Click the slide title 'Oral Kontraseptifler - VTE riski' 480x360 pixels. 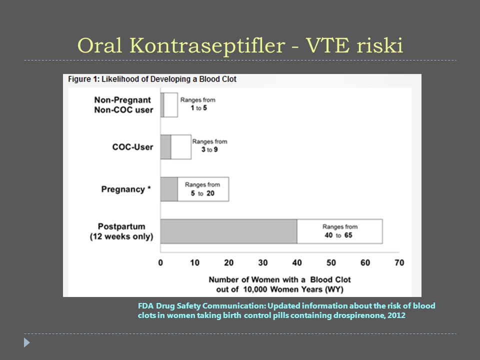[240, 45]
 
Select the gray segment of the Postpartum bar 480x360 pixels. [228, 231]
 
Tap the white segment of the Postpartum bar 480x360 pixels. [340, 231]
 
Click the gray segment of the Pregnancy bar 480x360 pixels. [169, 189]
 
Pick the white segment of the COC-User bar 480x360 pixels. [181, 147]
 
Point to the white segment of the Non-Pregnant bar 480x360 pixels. [171, 105]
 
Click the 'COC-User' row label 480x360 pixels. [132, 147]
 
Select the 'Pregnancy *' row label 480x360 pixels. [126, 189]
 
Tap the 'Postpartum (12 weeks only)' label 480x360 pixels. [121, 231]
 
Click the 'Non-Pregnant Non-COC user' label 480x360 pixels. [123, 105]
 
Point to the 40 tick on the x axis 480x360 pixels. [297, 262]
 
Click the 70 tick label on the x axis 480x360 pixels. [399, 262]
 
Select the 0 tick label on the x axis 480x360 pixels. [160, 262]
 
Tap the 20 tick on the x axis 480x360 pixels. [228, 262]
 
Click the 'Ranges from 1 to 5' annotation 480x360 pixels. [198, 104]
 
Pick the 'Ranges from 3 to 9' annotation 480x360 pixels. [209, 145]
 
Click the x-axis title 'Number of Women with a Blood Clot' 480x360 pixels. [279, 279]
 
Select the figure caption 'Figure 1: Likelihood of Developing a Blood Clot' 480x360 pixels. [152, 79]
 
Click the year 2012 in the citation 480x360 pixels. [396, 315]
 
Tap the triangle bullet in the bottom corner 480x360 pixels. [26, 342]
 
